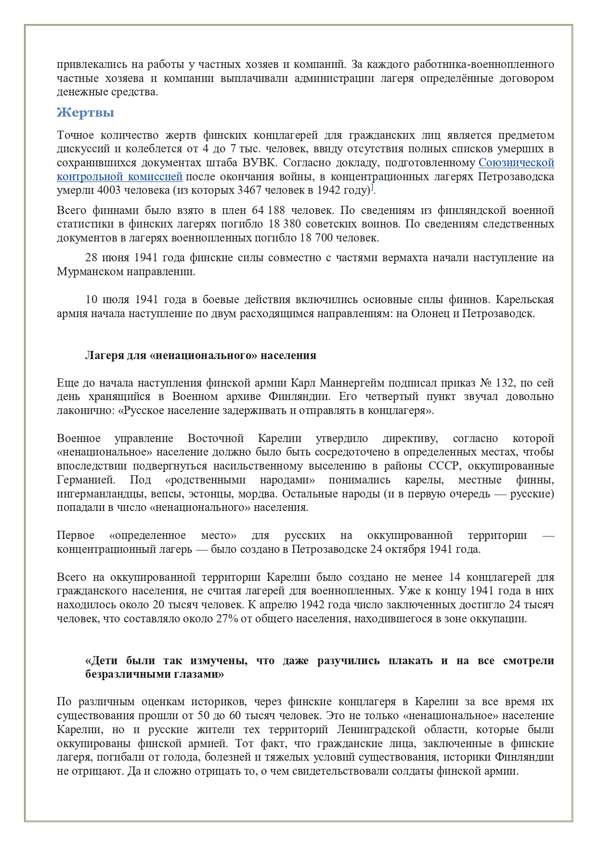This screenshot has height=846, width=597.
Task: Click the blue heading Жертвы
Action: (85, 113)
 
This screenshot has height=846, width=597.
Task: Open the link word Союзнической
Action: (516, 162)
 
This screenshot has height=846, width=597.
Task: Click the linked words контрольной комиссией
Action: (119, 176)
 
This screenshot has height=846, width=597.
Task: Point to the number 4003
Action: (109, 190)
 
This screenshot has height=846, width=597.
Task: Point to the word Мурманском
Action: (90, 271)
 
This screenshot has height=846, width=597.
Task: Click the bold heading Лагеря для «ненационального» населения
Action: (201, 356)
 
